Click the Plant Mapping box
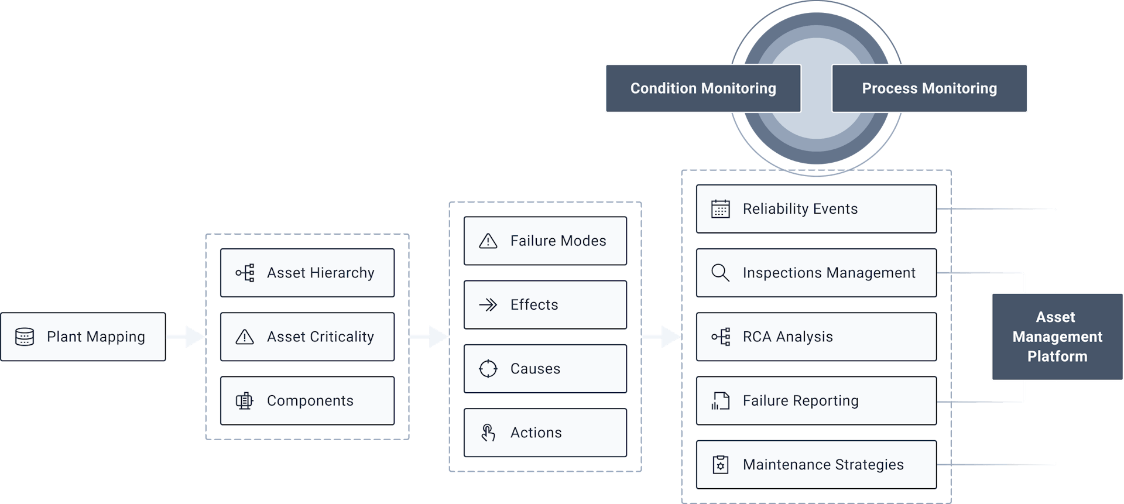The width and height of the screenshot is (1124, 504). (83, 337)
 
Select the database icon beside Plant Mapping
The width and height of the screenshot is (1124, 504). (25, 337)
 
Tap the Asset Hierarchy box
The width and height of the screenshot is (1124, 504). (307, 273)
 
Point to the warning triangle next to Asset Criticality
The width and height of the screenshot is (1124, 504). (245, 337)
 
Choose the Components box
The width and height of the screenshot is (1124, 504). (307, 400)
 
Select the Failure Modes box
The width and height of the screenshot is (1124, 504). (545, 241)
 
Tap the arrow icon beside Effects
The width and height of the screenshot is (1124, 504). (488, 304)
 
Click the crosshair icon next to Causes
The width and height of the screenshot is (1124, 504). (488, 369)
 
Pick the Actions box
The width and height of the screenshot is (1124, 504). (545, 433)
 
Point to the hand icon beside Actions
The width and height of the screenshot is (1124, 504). (488, 433)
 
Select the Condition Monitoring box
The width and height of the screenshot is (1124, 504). (703, 88)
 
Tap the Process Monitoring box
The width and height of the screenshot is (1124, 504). (930, 88)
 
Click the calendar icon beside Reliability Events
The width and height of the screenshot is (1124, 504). (721, 209)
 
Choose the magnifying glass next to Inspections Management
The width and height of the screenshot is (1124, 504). (721, 273)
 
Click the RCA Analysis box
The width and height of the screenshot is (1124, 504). (816, 337)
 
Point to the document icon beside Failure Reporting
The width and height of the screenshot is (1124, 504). (721, 401)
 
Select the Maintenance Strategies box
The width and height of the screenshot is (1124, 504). (816, 465)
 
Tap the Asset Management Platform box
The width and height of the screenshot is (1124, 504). (1057, 337)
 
